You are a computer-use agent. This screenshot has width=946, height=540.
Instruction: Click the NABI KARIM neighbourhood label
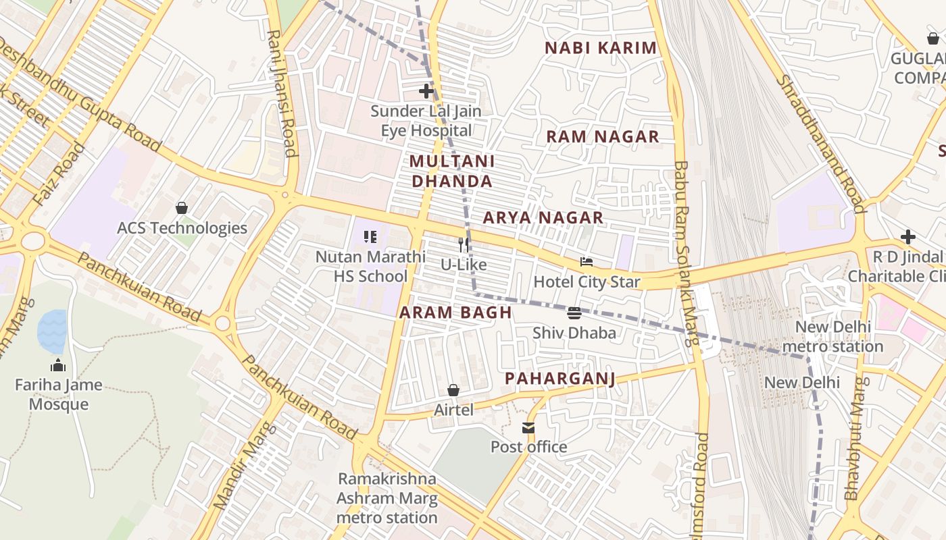click(x=600, y=48)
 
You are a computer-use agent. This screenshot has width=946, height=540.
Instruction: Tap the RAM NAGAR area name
click(x=602, y=136)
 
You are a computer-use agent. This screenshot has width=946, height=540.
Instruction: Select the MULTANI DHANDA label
click(x=452, y=171)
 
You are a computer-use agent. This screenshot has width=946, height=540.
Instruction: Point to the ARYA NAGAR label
click(x=543, y=217)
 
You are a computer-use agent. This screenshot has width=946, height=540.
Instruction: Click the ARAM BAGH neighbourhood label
click(x=455, y=313)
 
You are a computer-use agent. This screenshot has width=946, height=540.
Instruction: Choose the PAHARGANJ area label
click(x=560, y=379)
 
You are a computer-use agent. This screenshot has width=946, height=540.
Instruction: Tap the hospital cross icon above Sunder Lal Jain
click(x=426, y=90)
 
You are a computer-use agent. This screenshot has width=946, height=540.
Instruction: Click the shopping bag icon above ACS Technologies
click(x=181, y=208)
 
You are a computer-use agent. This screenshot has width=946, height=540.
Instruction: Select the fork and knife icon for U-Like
click(x=464, y=244)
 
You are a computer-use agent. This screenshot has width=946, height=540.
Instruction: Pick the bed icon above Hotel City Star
click(x=587, y=261)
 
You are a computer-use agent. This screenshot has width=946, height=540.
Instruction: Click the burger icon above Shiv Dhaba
click(x=574, y=313)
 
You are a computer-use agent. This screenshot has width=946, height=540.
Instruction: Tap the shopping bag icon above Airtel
click(x=453, y=390)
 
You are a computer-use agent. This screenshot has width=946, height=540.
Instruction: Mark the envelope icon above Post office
click(x=528, y=427)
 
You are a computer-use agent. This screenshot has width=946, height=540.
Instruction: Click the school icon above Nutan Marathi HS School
click(x=370, y=237)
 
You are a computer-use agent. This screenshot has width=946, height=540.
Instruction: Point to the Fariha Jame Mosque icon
click(x=58, y=365)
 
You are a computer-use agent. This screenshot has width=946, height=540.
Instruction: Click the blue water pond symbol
click(x=52, y=331)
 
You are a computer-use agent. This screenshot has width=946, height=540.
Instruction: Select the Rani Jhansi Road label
click(x=282, y=93)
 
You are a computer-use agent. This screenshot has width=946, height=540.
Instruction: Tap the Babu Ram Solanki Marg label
click(x=686, y=253)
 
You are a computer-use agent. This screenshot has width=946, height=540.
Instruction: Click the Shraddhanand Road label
click(x=818, y=143)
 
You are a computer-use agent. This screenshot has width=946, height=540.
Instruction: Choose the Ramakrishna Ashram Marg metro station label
click(x=387, y=498)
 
